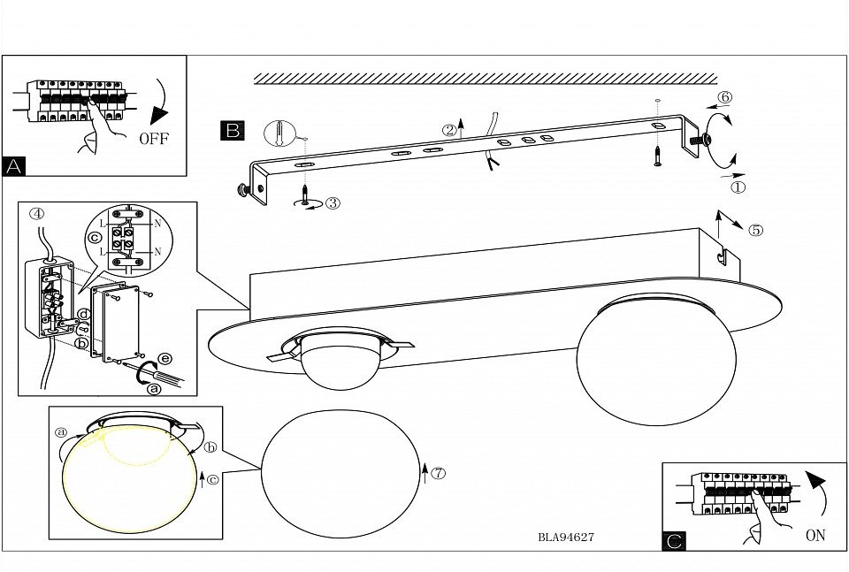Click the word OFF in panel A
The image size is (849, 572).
(x=153, y=139)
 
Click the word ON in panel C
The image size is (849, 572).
(x=815, y=536)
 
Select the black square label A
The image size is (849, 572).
(x=14, y=165)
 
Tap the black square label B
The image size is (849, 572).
(x=232, y=131)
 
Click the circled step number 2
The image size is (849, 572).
(x=449, y=130)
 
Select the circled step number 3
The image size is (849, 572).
(x=333, y=202)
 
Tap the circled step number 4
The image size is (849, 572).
(x=36, y=213)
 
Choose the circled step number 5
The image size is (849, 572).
(x=755, y=231)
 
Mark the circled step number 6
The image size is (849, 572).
(x=724, y=97)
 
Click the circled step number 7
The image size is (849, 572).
(x=438, y=472)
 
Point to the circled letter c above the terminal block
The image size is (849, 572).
(x=93, y=238)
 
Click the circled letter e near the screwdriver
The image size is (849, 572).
(x=164, y=358)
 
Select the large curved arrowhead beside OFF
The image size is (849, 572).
(x=159, y=114)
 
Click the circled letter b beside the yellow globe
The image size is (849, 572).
(x=210, y=447)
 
